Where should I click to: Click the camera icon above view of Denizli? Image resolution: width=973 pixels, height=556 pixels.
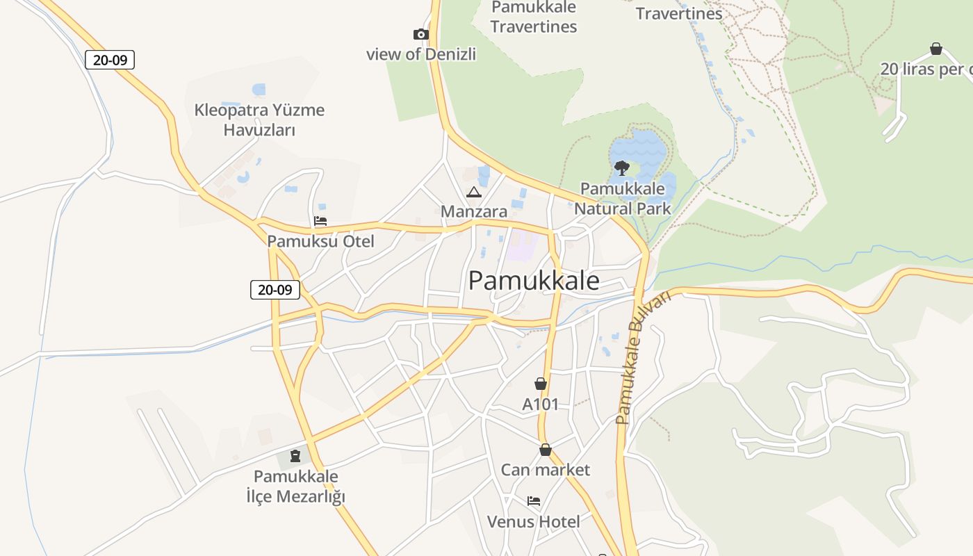point(420,34)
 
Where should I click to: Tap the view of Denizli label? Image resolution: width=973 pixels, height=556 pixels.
point(421,54)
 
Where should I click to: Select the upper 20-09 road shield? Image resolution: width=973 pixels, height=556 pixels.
point(110,60)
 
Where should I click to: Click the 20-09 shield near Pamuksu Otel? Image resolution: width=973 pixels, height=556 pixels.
point(275,290)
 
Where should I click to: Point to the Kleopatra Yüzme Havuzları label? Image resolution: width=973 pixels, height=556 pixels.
point(259,120)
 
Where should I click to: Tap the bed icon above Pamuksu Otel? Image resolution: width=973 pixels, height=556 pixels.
point(320,222)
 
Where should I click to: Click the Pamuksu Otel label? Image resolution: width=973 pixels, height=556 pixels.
point(320,241)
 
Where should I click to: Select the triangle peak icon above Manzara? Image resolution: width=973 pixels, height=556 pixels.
point(474,192)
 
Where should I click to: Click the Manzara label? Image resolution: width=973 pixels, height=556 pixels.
point(474,211)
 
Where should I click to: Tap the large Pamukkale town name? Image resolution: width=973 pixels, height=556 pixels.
point(534,280)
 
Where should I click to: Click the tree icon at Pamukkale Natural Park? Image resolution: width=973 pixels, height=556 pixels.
point(622,167)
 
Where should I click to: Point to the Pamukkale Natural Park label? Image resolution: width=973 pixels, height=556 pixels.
point(622,198)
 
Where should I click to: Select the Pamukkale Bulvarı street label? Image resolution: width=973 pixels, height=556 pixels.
point(644,358)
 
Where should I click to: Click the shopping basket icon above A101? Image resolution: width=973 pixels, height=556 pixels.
point(541,384)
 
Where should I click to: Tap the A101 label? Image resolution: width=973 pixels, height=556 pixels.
point(541,404)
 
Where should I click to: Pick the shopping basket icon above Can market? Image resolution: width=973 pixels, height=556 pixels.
point(546,450)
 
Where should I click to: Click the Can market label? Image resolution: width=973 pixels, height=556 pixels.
point(546,470)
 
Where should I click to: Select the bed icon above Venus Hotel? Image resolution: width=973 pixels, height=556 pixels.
point(534,500)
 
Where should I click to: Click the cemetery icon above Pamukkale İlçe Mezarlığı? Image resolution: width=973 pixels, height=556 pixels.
point(295,456)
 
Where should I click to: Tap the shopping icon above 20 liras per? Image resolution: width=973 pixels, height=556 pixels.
point(936,49)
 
